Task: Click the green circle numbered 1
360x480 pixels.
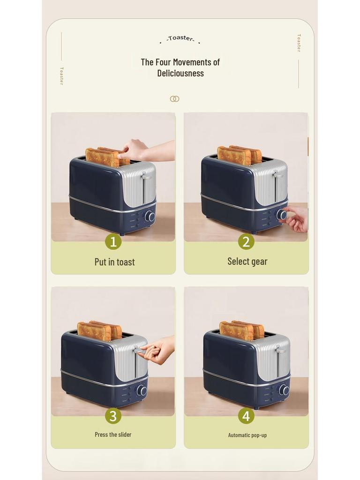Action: click(x=113, y=241)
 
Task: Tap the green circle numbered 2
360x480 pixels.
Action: click(x=246, y=241)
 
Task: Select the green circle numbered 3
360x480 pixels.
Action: click(x=113, y=415)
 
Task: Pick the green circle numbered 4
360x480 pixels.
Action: click(x=246, y=415)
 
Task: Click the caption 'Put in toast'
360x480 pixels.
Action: click(x=114, y=262)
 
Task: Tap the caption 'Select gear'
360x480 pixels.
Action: click(x=247, y=262)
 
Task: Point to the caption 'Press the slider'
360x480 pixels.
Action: click(x=113, y=435)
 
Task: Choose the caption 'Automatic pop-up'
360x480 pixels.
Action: click(x=247, y=435)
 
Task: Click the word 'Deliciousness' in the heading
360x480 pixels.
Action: click(x=180, y=73)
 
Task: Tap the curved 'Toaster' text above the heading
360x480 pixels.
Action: click(x=180, y=38)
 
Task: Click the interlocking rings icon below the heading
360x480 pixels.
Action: click(x=174, y=99)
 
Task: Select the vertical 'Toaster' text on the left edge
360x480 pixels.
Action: click(x=61, y=75)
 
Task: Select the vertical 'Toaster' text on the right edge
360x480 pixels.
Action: click(x=299, y=43)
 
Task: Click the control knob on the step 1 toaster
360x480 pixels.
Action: click(x=150, y=216)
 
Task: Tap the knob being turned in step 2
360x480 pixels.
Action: click(x=282, y=215)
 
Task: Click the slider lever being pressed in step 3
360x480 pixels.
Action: click(x=139, y=350)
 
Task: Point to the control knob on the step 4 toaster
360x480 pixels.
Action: click(x=284, y=390)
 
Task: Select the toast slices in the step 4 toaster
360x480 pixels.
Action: click(x=241, y=330)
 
